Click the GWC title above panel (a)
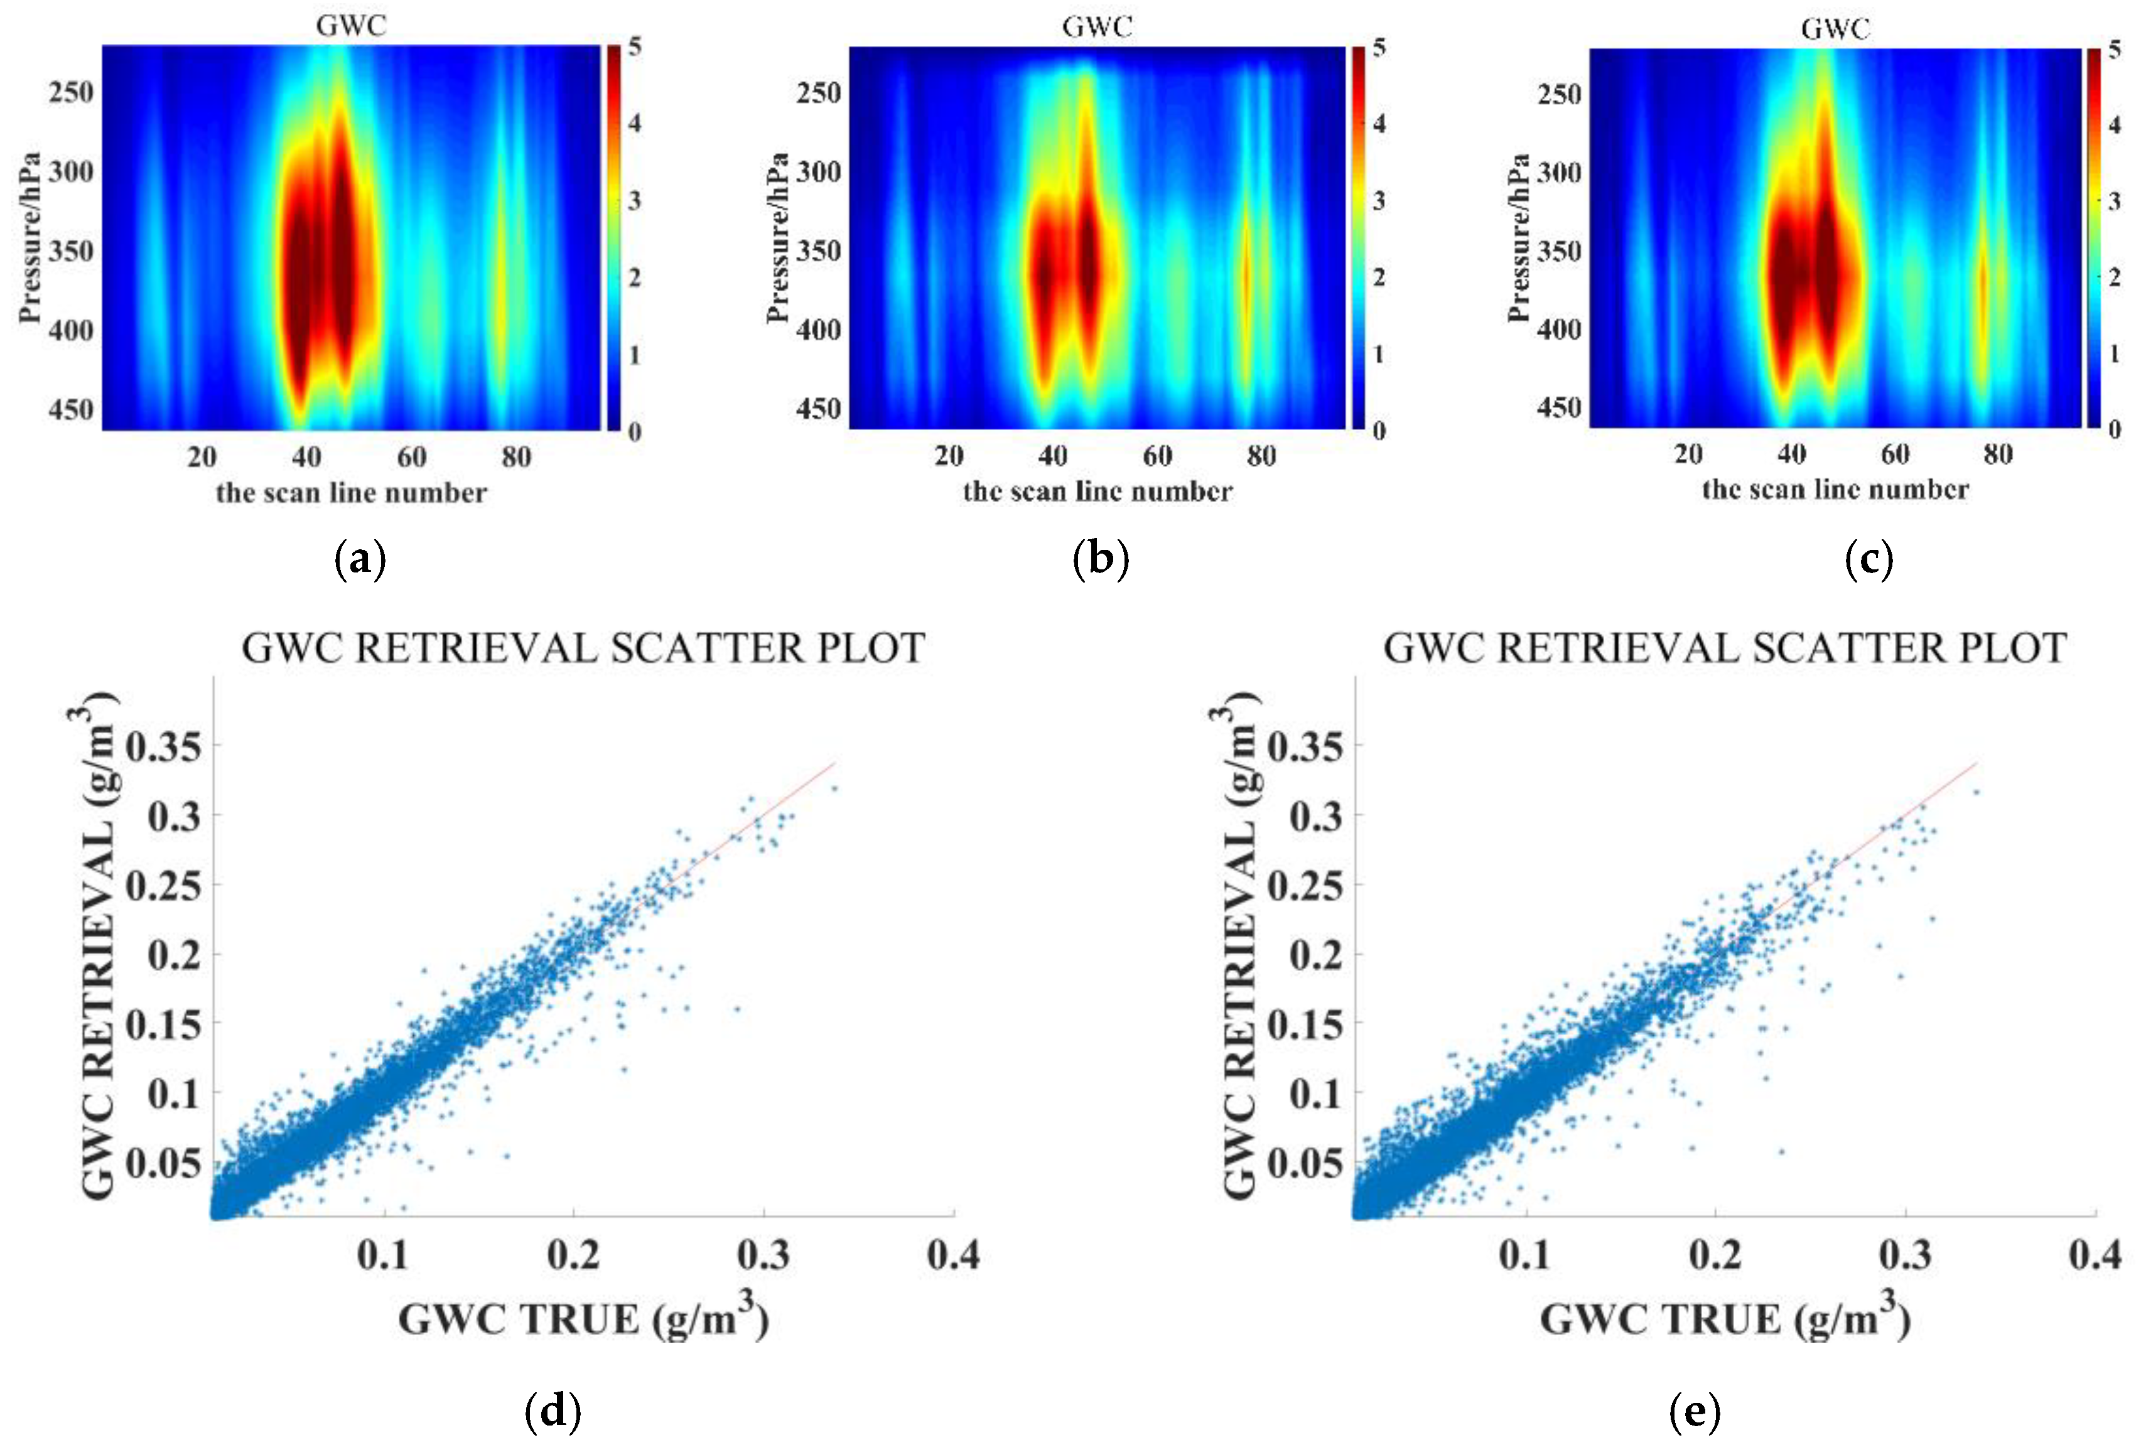point(351,26)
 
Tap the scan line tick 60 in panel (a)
point(412,457)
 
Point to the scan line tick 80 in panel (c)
point(1997,454)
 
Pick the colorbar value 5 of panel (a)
point(635,46)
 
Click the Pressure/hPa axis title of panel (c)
point(1518,238)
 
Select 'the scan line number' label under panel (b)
point(1097,492)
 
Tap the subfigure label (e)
point(1693,1411)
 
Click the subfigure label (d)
point(552,1411)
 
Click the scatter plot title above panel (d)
point(583,648)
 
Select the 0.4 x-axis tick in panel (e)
point(2094,1254)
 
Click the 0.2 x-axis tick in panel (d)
point(573,1254)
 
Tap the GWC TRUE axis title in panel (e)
point(1725,1319)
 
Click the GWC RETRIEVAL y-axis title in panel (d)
point(99,948)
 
